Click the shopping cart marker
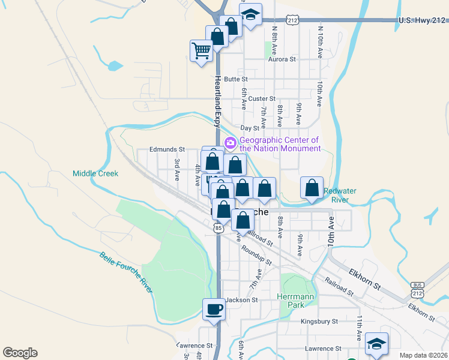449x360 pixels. coord(201,50)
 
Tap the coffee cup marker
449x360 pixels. coord(213,310)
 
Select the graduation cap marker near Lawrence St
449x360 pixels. coord(376,344)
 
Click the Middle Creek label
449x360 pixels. coord(95,173)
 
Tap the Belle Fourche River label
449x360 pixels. coord(127,272)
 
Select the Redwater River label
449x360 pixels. coord(340,195)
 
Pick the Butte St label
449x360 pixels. coord(236,79)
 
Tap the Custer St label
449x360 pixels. coord(262,98)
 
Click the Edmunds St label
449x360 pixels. coord(167,149)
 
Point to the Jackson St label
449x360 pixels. coord(241,300)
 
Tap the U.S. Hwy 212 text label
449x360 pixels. coord(422,20)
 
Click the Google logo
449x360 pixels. coord(20,353)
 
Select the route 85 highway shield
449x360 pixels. coord(218,228)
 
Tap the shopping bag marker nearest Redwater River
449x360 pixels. coord(312,188)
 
